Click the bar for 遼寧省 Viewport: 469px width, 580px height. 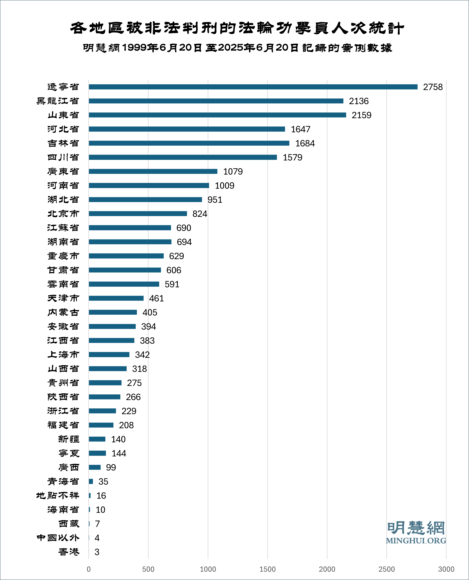click(x=253, y=87)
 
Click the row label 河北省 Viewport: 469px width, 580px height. click(x=63, y=129)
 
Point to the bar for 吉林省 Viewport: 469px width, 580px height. click(x=189, y=143)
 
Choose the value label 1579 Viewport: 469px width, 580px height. click(x=292, y=157)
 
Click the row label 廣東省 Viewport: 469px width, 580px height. click(x=63, y=171)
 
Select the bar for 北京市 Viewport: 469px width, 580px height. click(x=138, y=213)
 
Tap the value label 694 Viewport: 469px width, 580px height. click(x=184, y=242)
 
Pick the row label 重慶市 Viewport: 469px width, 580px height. click(x=63, y=256)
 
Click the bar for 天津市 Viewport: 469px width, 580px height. click(x=116, y=298)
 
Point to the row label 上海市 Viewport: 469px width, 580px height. click(x=63, y=354)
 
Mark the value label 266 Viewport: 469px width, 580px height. click(x=133, y=397)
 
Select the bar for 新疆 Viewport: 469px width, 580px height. click(x=97, y=439)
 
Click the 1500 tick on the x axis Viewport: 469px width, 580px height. click(x=267, y=569)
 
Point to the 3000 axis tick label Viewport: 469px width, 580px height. click(x=446, y=569)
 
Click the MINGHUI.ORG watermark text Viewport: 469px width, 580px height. click(x=416, y=541)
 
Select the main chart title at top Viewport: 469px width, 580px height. click(x=237, y=28)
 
